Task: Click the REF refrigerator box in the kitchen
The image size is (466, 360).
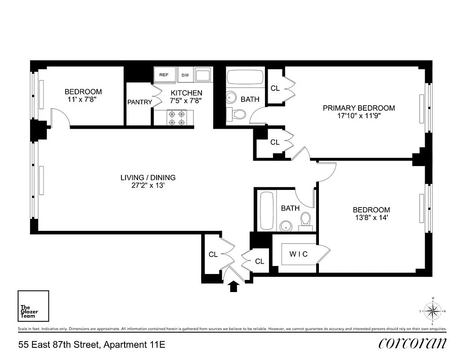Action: pos(164,75)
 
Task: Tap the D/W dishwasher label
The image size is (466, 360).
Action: pos(185,75)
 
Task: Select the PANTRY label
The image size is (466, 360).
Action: pos(139,102)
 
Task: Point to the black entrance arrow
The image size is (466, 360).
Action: pos(233,287)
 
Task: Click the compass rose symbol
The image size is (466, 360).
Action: pos(433,310)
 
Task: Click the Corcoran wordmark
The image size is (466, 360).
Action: pos(412,343)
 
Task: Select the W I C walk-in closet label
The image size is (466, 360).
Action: pos(298,254)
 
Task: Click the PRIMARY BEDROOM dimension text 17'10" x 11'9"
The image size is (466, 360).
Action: pos(358,116)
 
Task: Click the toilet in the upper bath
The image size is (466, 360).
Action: pos(237,114)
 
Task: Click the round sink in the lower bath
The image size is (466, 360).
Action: pos(285,225)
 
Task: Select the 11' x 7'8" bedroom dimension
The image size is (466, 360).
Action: pos(83,99)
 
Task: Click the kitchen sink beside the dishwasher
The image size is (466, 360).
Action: pos(203,75)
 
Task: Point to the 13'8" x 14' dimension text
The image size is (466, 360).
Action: pos(371,218)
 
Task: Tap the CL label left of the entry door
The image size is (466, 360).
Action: pos(213,255)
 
